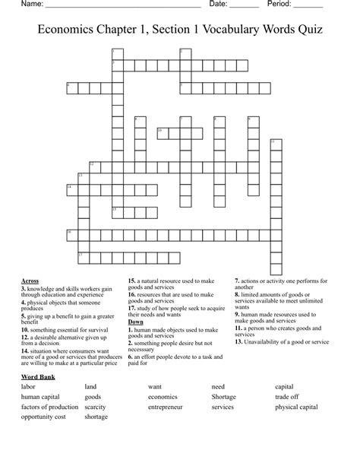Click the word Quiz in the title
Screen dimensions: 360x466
coord(308,30)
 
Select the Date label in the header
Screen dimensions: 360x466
coord(219,5)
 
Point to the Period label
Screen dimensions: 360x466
coord(280,5)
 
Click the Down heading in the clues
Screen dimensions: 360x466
coord(136,322)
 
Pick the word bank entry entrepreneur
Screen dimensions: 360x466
coord(166,407)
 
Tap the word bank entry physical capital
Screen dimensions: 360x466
coord(296,407)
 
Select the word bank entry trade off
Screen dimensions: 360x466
coord(287,397)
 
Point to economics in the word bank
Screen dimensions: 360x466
coord(163,397)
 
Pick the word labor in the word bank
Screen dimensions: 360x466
coord(29,387)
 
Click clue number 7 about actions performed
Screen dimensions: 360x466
coord(237,281)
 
